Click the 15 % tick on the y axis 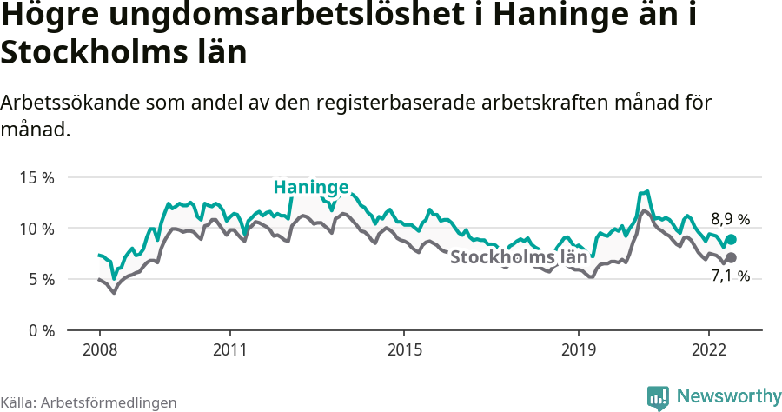pyautogui.click(x=36, y=177)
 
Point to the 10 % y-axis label pyautogui.click(x=36, y=229)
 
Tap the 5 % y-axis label pyautogui.click(x=41, y=279)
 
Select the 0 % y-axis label pyautogui.click(x=41, y=330)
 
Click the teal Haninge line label pyautogui.click(x=311, y=187)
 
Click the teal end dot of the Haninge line pyautogui.click(x=731, y=239)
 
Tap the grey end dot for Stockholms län pyautogui.click(x=731, y=257)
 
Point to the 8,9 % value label pyautogui.click(x=730, y=219)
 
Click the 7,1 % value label pyautogui.click(x=730, y=276)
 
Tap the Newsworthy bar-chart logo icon pyautogui.click(x=658, y=397)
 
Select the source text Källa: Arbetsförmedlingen pyautogui.click(x=89, y=402)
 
